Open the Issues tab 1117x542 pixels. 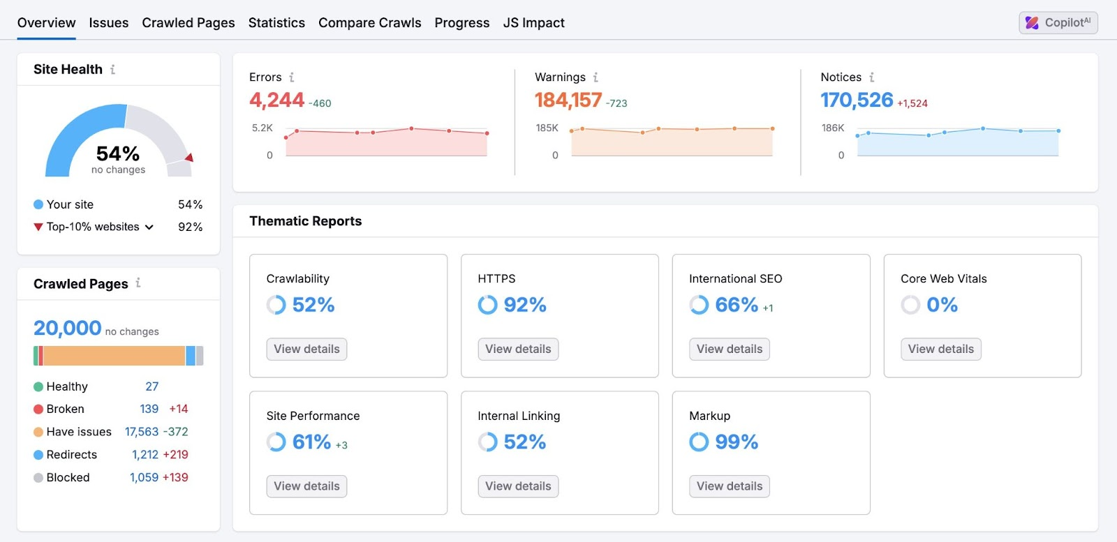(108, 23)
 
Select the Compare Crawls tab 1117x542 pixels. (369, 23)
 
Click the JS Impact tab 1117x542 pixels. (533, 23)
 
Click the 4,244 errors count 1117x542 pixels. (276, 100)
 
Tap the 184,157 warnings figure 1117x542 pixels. (568, 100)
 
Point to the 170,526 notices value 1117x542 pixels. (857, 100)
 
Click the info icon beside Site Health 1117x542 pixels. (112, 69)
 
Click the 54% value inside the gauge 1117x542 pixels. (118, 153)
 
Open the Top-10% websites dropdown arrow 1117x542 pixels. (149, 227)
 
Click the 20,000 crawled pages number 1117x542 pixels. (68, 328)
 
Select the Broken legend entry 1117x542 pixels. (65, 409)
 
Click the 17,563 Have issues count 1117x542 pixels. (142, 432)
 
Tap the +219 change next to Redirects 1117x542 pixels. (175, 454)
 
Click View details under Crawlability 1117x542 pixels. (306, 349)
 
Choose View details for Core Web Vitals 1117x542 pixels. (940, 349)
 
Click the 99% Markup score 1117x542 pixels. (736, 442)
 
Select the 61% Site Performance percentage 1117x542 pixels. (311, 442)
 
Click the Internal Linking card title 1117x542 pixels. (519, 416)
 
